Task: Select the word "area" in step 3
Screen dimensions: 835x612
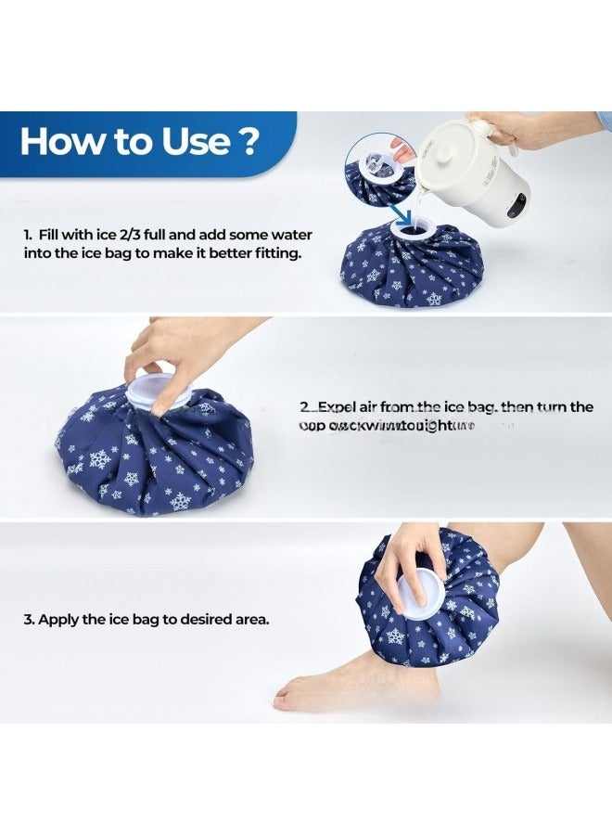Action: tap(249, 619)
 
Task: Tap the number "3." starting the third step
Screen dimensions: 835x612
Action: tap(28, 619)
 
